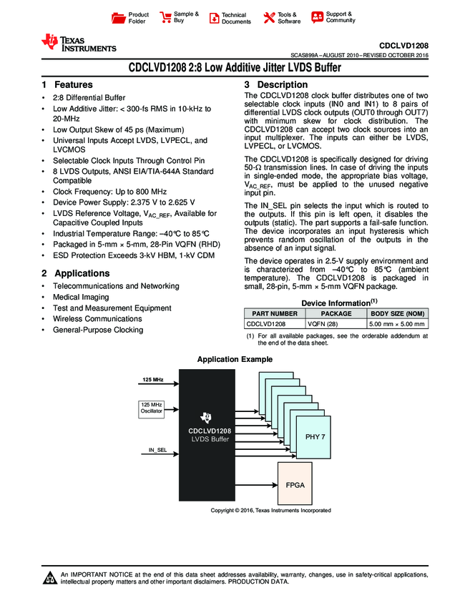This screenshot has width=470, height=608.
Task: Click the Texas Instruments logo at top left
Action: (x=78, y=44)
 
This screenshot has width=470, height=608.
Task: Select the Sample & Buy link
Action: (x=179, y=17)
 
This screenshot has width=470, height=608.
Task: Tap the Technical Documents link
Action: (x=229, y=18)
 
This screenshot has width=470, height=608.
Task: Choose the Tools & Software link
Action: (x=282, y=18)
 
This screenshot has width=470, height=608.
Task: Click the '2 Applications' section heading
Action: (x=75, y=273)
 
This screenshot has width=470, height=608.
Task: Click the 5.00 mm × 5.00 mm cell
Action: (x=396, y=324)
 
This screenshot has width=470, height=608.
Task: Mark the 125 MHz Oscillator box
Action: (x=150, y=408)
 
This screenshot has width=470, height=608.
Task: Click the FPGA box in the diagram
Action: (x=295, y=485)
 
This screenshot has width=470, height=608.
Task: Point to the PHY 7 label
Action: (x=315, y=436)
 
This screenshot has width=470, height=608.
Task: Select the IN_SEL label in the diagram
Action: (x=157, y=449)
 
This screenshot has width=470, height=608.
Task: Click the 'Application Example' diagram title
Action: (x=235, y=359)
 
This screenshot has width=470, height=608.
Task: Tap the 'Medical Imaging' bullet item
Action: (x=81, y=297)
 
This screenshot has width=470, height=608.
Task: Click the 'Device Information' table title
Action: (x=333, y=303)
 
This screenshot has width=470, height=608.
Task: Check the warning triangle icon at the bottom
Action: (x=49, y=577)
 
